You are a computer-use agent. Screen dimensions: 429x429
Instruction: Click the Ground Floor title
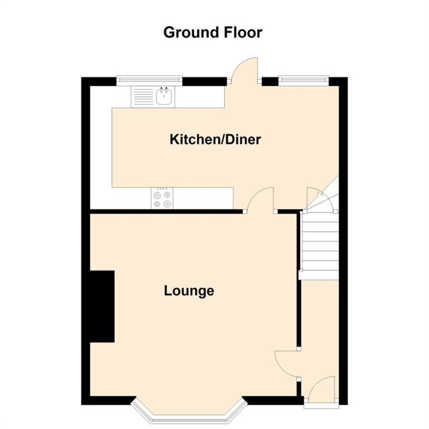[212, 32]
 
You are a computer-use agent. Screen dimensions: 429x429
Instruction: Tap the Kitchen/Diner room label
[215, 139]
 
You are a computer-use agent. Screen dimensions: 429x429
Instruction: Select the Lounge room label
[189, 291]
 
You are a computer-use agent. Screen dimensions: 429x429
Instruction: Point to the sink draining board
[143, 97]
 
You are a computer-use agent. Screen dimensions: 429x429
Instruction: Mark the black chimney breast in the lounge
[102, 306]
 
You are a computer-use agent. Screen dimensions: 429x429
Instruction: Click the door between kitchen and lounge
[260, 201]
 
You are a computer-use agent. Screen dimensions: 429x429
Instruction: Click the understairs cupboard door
[320, 201]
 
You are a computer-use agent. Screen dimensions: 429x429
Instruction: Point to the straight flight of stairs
[320, 245]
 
